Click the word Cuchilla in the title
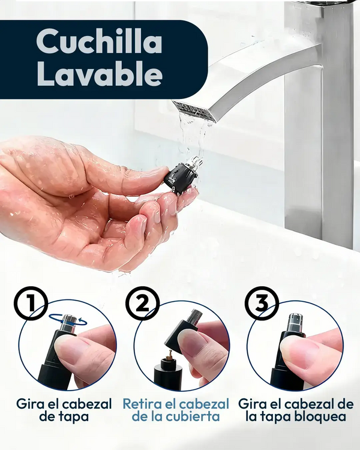[99, 41]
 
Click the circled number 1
[31, 303]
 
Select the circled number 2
[142, 303]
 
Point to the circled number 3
[262, 303]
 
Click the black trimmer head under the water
[182, 176]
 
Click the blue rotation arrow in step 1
[68, 320]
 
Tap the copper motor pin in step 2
[169, 355]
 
